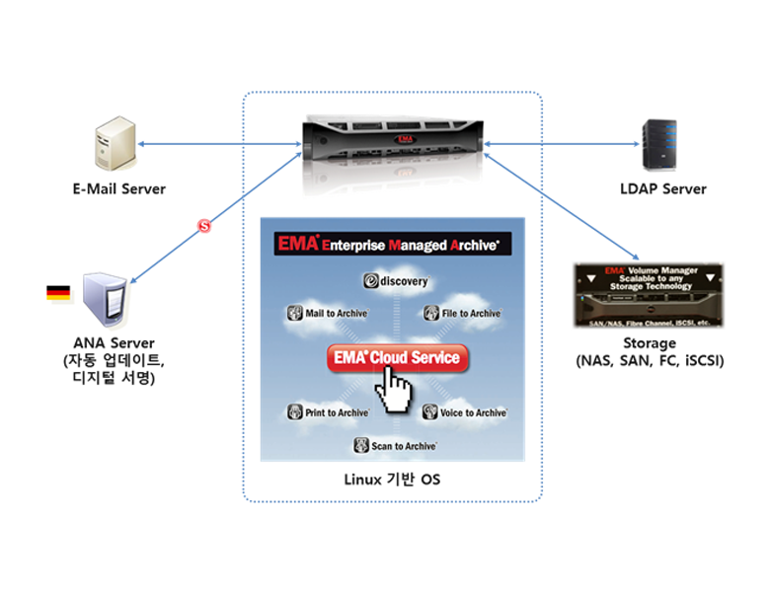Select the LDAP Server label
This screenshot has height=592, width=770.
coord(659,188)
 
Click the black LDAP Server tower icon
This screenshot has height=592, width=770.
coord(658,144)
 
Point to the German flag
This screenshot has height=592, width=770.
coord(58,293)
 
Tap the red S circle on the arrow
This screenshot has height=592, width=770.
coord(204,226)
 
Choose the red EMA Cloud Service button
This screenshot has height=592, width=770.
coord(397,358)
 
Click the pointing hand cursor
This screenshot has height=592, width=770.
coord(392,392)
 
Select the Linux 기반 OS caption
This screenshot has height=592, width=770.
coord(392,481)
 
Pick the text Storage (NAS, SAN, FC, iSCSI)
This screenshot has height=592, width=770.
coord(650,352)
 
